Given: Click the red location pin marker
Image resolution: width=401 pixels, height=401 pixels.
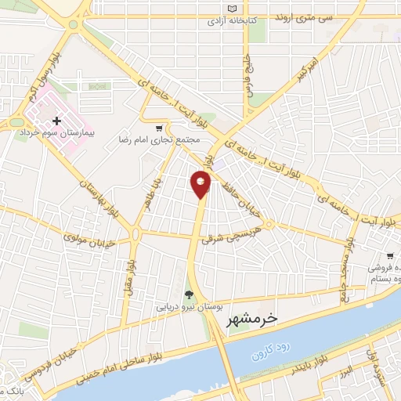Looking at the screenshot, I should [201, 185].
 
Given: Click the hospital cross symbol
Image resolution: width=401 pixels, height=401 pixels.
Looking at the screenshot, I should [56, 121].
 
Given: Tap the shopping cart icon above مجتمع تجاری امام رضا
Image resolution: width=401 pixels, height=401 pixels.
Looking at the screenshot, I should [160, 128].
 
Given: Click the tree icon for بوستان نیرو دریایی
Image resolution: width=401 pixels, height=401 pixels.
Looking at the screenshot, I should [188, 295].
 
